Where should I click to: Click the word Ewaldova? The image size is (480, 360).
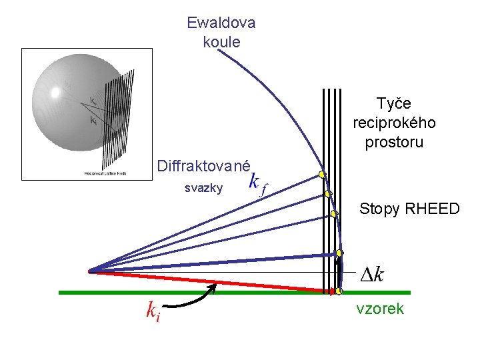click(221, 23)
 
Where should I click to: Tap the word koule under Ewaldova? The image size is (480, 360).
click(221, 42)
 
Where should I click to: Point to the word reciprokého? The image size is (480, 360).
click(394, 123)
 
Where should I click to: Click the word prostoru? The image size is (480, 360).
click(394, 143)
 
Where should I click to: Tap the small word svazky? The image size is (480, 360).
click(203, 189)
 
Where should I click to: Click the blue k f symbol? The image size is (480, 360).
click(257, 183)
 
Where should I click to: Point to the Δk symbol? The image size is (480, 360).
click(372, 273)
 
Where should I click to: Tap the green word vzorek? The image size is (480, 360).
click(380, 309)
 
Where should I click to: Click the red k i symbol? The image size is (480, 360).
click(153, 310)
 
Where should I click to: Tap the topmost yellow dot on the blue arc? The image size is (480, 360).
click(321, 175)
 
